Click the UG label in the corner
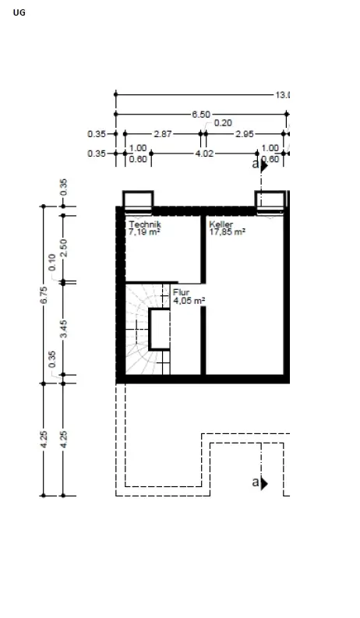(x=19, y=12)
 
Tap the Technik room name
(x=145, y=224)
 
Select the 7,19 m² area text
(x=144, y=232)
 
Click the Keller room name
(x=221, y=224)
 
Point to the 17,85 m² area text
(x=227, y=232)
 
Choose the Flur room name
(x=181, y=292)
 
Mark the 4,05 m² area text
(x=189, y=301)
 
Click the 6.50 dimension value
(x=200, y=115)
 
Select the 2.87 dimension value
(x=162, y=134)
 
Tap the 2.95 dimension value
(x=245, y=134)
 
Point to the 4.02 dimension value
(x=203, y=154)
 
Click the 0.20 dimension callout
(x=223, y=123)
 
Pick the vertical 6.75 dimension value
(x=44, y=294)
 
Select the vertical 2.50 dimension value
(x=64, y=246)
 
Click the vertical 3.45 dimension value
(x=64, y=328)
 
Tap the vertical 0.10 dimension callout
(x=52, y=262)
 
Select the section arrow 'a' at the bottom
(x=259, y=483)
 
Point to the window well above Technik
(x=138, y=200)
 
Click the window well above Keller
(x=271, y=200)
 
